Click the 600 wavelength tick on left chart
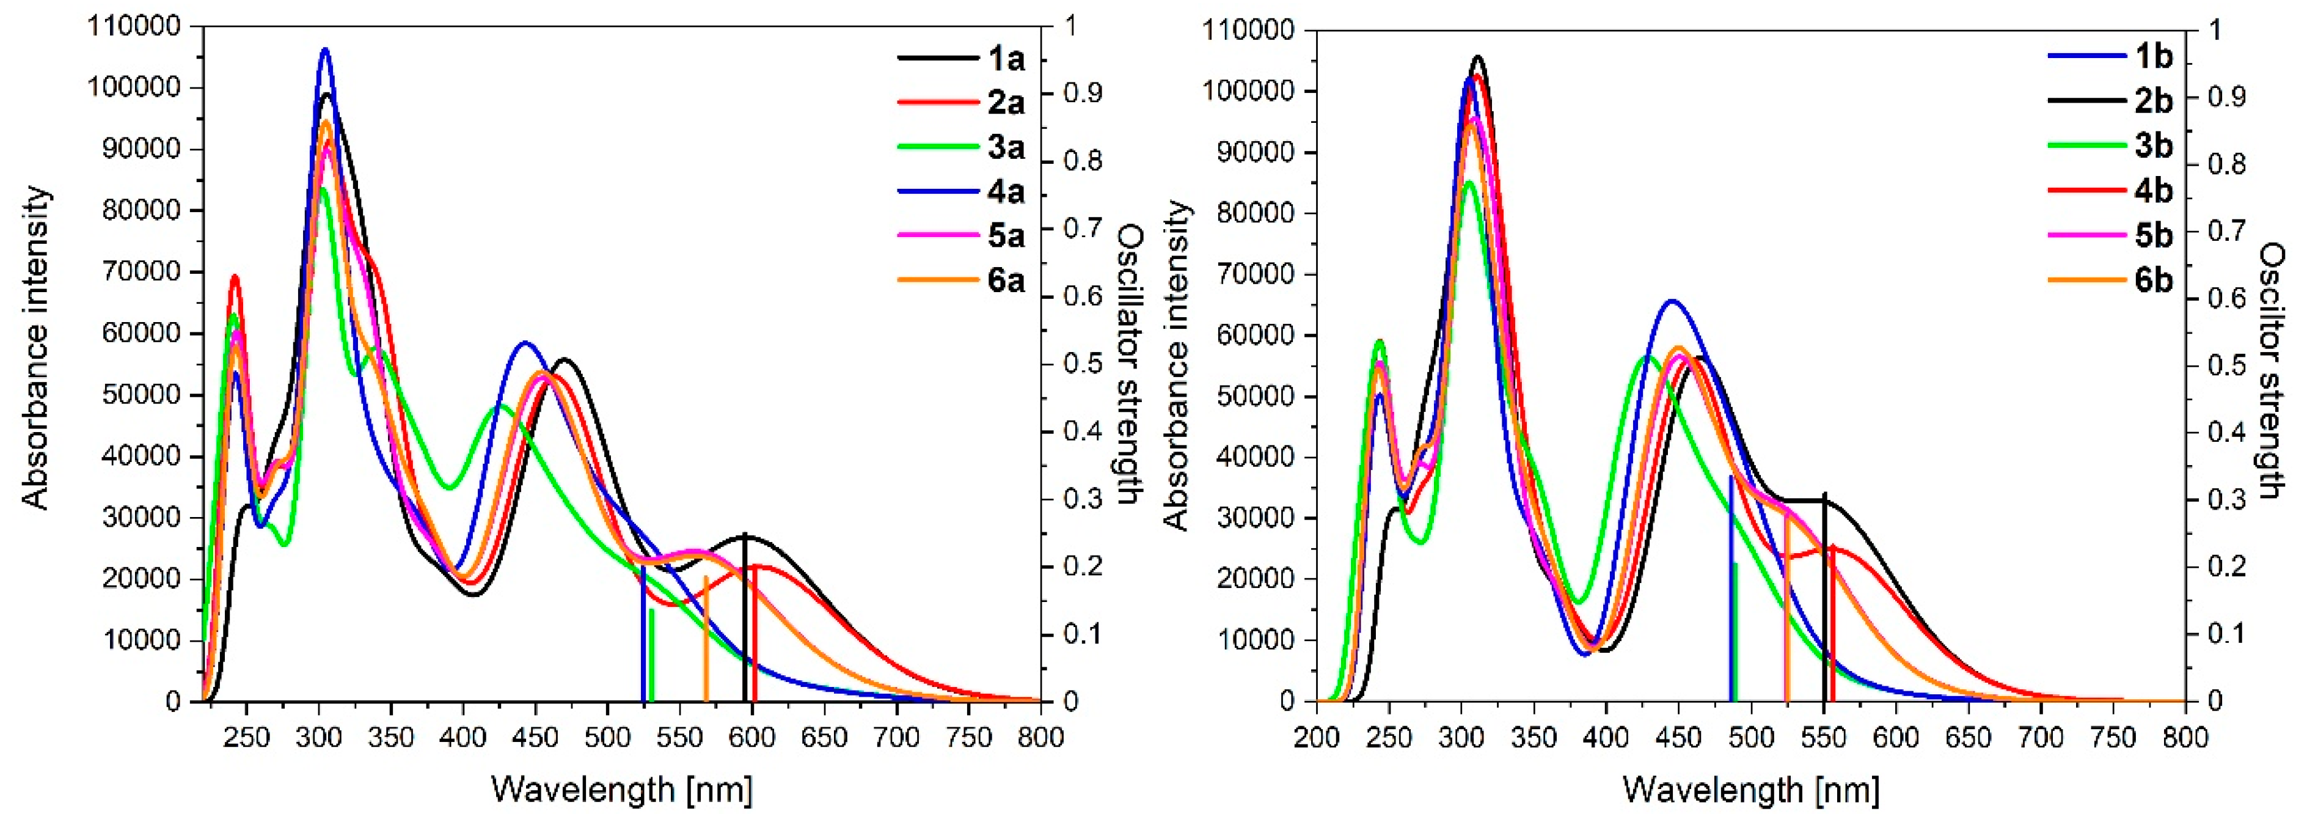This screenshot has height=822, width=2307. point(752,738)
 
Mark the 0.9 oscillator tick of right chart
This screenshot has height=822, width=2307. point(2226,97)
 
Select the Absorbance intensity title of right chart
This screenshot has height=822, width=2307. point(1176,365)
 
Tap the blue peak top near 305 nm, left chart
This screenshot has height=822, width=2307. point(325,50)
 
